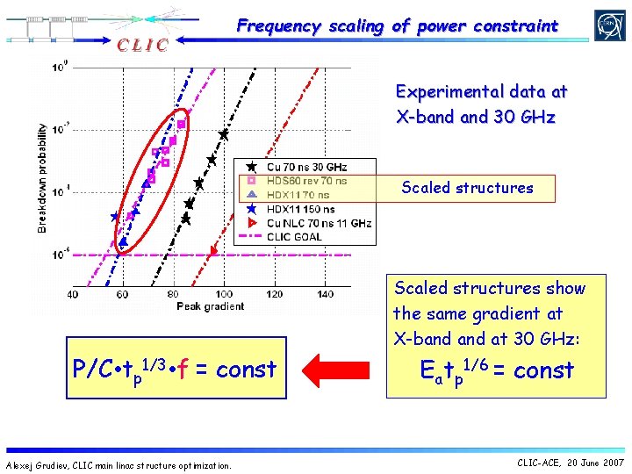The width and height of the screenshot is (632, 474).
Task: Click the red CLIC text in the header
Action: [x=139, y=44]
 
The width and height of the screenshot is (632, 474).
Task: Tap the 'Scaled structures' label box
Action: [x=467, y=188]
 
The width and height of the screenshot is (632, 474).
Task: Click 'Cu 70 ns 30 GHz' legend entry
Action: [x=307, y=167]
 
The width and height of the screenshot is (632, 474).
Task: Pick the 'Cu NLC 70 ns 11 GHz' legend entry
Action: [x=318, y=223]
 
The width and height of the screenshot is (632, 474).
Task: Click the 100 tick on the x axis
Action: [x=225, y=293]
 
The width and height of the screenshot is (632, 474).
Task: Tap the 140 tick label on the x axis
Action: [x=325, y=293]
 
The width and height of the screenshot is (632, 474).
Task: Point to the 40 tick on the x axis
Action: [x=72, y=293]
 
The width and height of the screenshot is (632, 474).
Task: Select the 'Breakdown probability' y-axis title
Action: [x=42, y=177]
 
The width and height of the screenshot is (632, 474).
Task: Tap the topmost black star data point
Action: [x=224, y=134]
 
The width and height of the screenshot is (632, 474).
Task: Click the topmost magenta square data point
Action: [x=182, y=124]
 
